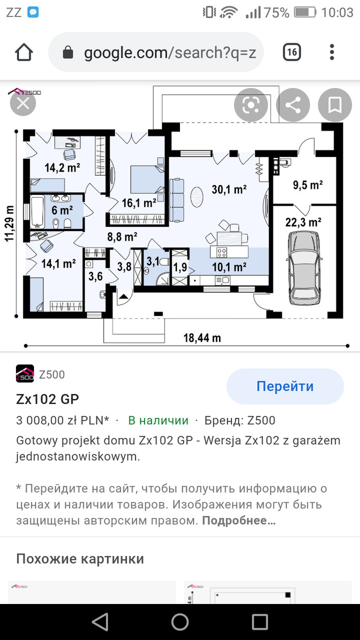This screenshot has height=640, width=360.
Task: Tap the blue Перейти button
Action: click(x=285, y=386)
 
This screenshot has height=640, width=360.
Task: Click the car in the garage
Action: click(x=304, y=268)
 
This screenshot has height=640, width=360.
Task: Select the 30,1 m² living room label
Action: click(x=229, y=189)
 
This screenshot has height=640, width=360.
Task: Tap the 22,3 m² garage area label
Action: click(x=303, y=222)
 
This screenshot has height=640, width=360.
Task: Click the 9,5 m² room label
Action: click(x=308, y=185)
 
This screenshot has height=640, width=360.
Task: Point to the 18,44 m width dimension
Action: click(x=202, y=338)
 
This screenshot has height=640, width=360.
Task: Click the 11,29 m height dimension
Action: click(x=10, y=224)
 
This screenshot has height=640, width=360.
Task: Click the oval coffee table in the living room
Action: click(x=197, y=197)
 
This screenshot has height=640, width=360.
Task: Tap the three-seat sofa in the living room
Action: click(x=176, y=200)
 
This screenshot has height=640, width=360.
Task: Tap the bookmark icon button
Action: click(x=335, y=105)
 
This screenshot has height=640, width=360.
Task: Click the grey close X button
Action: click(x=23, y=103)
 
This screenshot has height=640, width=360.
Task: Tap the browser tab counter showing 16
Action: click(x=292, y=52)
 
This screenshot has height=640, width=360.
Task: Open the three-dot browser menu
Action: click(x=332, y=52)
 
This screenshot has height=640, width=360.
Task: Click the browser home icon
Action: click(x=24, y=52)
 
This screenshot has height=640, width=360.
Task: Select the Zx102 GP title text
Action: click(x=47, y=399)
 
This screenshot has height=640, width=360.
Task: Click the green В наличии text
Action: click(x=158, y=420)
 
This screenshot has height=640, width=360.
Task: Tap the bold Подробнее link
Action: click(x=239, y=521)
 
